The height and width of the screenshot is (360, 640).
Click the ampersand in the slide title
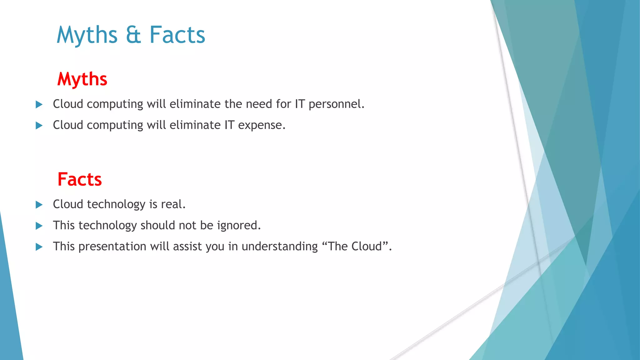[133, 35]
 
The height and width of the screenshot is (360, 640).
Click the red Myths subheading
[82, 79]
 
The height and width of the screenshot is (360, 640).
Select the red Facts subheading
[80, 179]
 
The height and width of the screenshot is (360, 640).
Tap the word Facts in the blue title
[177, 35]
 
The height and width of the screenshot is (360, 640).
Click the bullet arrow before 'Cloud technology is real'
[39, 205]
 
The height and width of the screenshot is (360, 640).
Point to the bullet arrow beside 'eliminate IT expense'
[39, 126]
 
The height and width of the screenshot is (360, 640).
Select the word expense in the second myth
[262, 125]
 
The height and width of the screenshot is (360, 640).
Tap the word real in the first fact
[173, 204]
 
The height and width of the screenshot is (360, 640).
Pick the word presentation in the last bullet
[112, 247]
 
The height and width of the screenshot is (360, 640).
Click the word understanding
[280, 247]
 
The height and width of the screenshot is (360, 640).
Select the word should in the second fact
[158, 225]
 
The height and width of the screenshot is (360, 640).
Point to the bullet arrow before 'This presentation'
[39, 247]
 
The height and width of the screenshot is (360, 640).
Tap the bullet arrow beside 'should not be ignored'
[39, 226]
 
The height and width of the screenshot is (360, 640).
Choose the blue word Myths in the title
[87, 35]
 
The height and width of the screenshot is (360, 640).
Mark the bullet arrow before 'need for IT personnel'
[39, 104]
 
